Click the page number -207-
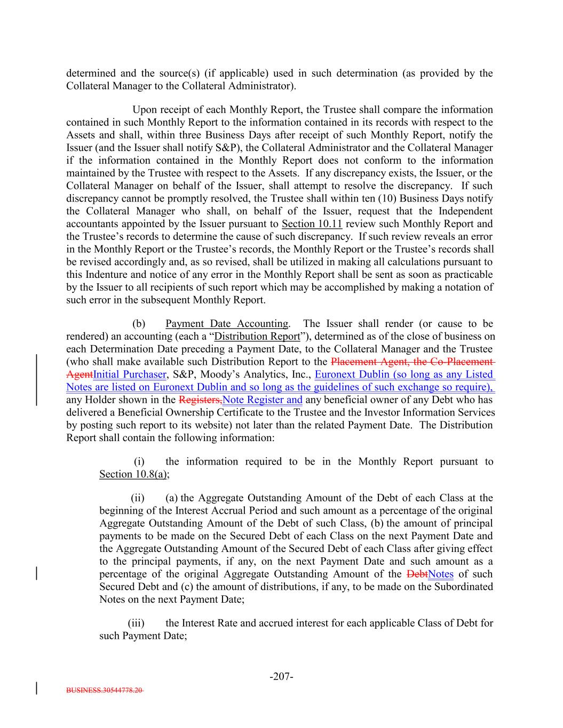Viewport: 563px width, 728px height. pyautogui.click(x=281, y=677)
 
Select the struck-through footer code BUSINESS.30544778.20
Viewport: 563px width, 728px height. pyautogui.click(x=105, y=690)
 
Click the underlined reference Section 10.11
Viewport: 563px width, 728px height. pyautogui.click(x=312, y=224)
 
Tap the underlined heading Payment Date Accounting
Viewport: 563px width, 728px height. pyautogui.click(x=227, y=324)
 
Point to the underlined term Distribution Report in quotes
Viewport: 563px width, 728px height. pyautogui.click(x=257, y=337)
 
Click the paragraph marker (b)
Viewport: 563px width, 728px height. pyautogui.click(x=139, y=324)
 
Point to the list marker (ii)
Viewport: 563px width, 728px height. pyautogui.click(x=138, y=498)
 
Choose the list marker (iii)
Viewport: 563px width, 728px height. pyautogui.click(x=137, y=623)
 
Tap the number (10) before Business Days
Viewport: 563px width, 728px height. pyautogui.click(x=346, y=198)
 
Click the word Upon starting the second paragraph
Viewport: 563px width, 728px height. pyautogui.click(x=144, y=110)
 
